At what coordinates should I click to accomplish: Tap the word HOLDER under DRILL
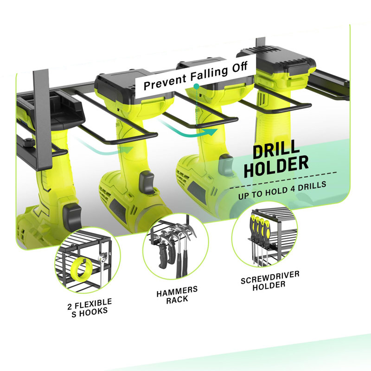pos(276,166)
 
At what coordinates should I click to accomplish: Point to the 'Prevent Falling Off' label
pos(196,76)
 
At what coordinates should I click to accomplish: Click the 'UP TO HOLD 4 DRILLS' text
pos(282,190)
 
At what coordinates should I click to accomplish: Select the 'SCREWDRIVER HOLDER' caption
pos(270,281)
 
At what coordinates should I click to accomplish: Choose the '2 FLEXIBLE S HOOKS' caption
pos(90,308)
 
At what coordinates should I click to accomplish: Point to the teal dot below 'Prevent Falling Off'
pos(196,86)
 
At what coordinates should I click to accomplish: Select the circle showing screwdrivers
pos(264,235)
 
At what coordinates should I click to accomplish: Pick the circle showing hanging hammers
pos(176,246)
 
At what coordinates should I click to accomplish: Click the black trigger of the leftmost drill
pos(72,217)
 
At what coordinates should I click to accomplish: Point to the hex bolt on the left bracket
pos(28,142)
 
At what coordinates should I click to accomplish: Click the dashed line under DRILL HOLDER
pos(283,180)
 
